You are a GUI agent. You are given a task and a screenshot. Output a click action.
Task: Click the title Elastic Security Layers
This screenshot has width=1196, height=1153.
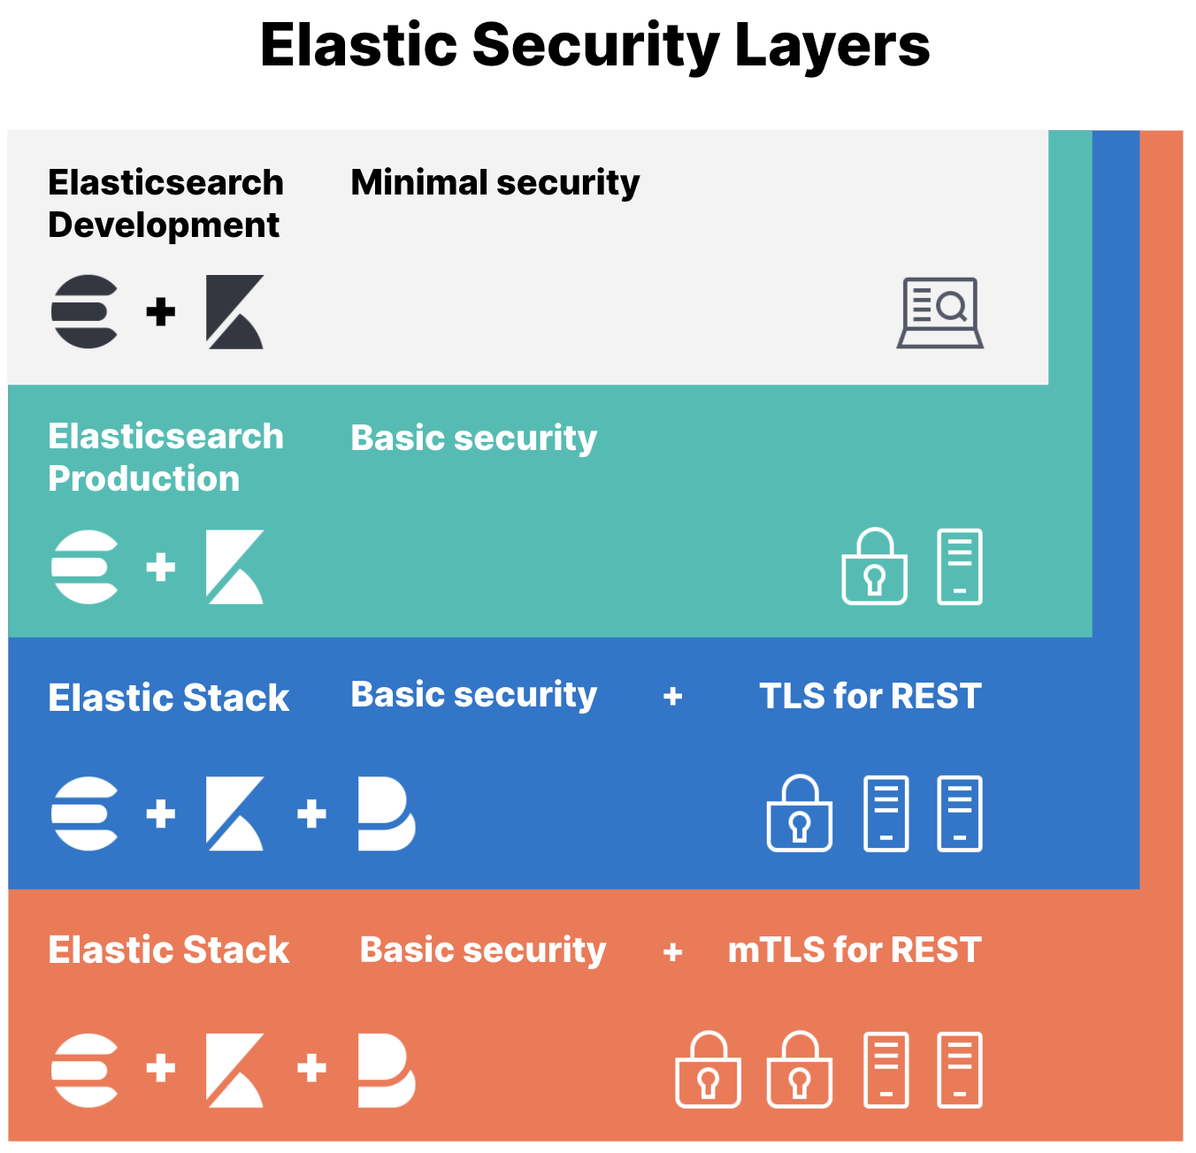click(594, 45)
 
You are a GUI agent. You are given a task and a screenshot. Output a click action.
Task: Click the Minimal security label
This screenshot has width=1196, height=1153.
click(494, 183)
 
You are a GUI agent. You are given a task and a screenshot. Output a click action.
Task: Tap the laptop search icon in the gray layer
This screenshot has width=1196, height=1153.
click(940, 313)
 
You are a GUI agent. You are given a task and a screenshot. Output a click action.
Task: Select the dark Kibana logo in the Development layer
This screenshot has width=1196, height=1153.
click(234, 312)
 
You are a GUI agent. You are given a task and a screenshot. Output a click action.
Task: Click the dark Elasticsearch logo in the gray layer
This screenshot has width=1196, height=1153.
click(85, 312)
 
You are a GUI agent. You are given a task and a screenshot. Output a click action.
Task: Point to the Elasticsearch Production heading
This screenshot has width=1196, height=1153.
click(165, 457)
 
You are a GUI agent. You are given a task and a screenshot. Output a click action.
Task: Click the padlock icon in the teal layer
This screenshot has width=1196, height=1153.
click(874, 567)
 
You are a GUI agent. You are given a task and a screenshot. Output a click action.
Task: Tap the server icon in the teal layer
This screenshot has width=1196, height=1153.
click(960, 567)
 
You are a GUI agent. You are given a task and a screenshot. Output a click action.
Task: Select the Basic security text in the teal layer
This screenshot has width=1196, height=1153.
click(473, 438)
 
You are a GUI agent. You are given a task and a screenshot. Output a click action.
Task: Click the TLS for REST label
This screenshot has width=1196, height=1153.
click(870, 696)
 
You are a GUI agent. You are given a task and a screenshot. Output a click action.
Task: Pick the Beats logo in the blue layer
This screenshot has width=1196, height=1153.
click(386, 814)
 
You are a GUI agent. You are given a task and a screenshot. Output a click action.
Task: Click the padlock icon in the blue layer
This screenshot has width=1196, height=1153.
click(799, 814)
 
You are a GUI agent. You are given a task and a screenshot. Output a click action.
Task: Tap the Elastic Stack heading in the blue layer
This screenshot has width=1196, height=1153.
click(168, 698)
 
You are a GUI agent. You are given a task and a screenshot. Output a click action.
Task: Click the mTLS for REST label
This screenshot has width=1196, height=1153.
click(854, 950)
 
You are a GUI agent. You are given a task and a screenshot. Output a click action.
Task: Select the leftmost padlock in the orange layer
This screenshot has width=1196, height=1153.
click(708, 1070)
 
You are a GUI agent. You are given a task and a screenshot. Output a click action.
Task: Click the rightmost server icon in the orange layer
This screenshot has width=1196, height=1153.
click(960, 1070)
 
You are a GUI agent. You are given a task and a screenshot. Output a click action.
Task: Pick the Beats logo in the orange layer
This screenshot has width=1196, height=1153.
click(386, 1070)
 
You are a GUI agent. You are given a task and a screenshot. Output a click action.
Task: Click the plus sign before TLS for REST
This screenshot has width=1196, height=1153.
click(672, 697)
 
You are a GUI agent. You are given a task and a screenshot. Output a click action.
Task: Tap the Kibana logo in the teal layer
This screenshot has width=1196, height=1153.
click(234, 567)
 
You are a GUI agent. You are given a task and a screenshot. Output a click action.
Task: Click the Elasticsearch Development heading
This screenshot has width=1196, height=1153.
click(165, 203)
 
